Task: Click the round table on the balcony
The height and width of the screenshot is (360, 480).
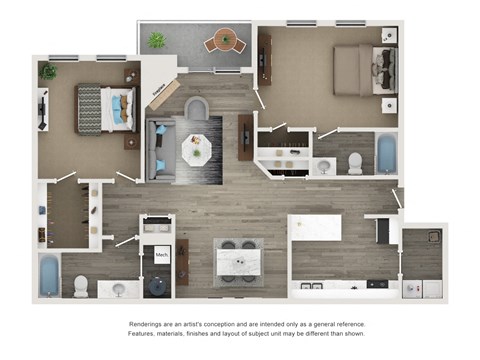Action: point(225,42)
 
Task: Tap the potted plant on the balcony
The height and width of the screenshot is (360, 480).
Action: point(156,41)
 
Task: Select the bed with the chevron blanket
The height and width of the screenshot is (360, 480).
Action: point(105,108)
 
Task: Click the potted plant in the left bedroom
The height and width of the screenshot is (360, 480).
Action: point(48,71)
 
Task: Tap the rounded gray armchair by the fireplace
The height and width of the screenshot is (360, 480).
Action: point(194,109)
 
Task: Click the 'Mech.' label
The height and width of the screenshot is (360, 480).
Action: point(161,255)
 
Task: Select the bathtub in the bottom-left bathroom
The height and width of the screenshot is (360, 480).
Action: point(49,276)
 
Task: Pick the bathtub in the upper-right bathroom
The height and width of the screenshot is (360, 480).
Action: point(385,155)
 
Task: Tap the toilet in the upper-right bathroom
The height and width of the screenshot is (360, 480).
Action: point(354,164)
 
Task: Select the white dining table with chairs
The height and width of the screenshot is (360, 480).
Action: point(237,260)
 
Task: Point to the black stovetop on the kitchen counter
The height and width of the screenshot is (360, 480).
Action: point(377,284)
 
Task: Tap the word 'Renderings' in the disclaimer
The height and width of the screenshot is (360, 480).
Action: point(150,325)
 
